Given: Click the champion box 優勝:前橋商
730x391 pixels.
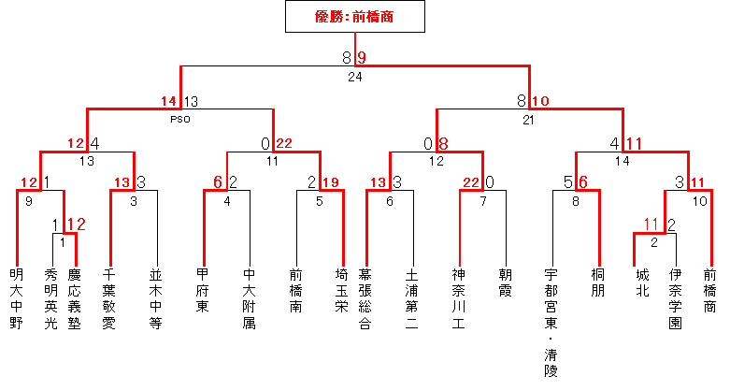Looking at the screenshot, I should [355, 16].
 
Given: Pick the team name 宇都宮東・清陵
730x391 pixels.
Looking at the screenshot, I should [552, 323].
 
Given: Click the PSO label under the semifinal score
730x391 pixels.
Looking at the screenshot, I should [180, 120].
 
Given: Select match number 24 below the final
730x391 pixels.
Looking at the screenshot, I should [354, 77].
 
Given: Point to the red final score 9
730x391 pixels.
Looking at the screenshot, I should [362, 58].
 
